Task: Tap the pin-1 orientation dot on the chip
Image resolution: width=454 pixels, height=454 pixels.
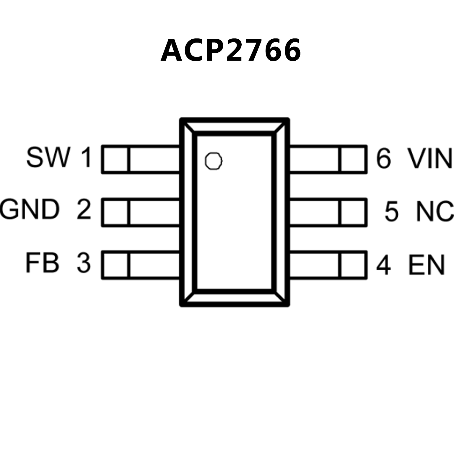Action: (214, 161)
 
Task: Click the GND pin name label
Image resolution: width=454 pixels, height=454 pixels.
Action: (30, 209)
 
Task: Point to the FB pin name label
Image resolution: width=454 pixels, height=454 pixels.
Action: (42, 262)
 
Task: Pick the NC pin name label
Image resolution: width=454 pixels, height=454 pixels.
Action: (435, 211)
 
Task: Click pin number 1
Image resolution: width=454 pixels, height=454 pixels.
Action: (86, 157)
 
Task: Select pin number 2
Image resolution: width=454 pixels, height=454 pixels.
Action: (84, 209)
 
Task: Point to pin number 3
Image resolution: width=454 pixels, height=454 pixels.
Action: (84, 262)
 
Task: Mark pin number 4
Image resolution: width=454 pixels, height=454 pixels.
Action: (383, 265)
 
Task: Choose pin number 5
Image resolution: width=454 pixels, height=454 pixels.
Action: (391, 211)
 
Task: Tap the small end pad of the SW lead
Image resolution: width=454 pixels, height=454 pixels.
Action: (116, 159)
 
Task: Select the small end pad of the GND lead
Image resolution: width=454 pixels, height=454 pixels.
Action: (116, 212)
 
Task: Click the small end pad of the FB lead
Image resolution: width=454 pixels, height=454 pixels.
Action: (116, 265)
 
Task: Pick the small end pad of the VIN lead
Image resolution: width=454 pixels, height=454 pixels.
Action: (353, 159)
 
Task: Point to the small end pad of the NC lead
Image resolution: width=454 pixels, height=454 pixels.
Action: (353, 212)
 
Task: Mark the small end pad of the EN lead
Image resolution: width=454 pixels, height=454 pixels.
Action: (353, 265)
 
